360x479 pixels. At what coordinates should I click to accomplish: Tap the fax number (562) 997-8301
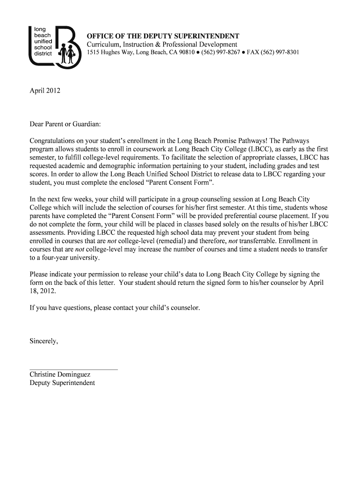[x=280, y=53]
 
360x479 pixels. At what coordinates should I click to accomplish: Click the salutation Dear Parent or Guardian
[x=65, y=125]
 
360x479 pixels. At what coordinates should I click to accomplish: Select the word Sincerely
[x=44, y=341]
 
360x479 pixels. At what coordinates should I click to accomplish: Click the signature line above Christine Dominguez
[x=73, y=370]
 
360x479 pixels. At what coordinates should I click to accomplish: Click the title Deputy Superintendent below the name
[x=62, y=383]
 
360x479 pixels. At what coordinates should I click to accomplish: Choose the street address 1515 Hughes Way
[x=110, y=53]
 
